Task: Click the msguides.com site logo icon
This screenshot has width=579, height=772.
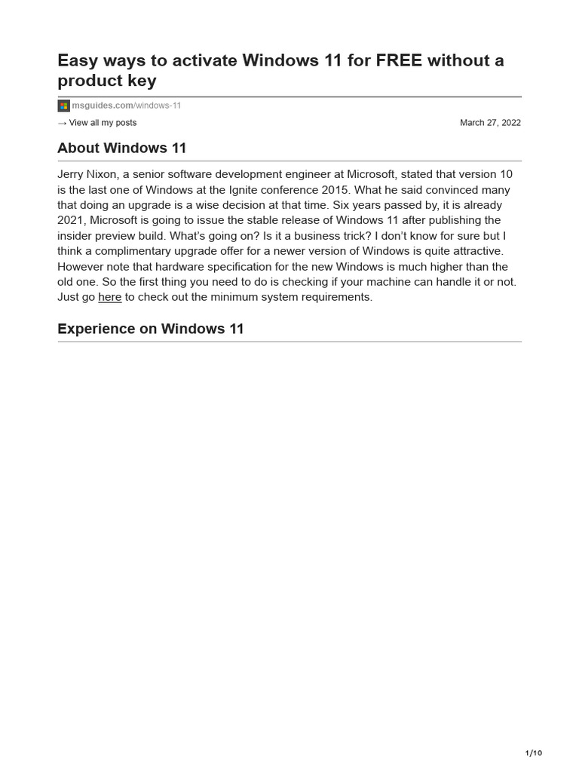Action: (x=63, y=106)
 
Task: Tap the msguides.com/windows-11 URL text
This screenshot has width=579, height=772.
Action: (x=127, y=106)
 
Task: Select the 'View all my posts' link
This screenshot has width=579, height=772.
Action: (x=103, y=123)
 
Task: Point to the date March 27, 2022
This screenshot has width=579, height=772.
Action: (x=490, y=123)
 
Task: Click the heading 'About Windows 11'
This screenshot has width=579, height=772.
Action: (x=121, y=149)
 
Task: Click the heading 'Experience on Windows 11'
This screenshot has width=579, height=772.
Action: (x=151, y=329)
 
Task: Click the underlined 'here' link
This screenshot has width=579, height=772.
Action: (x=110, y=297)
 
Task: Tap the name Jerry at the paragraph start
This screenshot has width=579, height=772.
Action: (x=72, y=174)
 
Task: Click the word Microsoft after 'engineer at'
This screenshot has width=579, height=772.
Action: (x=371, y=174)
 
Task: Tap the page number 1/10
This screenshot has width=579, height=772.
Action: (x=533, y=753)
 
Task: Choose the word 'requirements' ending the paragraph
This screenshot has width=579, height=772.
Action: (x=335, y=297)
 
